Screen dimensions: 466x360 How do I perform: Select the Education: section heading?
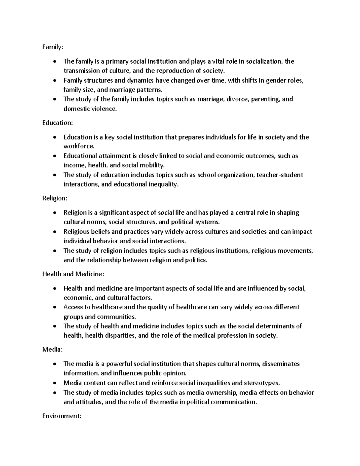pos(57,123)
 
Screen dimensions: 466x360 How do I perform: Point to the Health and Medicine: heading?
pos(73,274)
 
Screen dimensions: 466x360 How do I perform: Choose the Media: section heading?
pos(52,350)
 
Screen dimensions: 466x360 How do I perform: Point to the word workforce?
pos(79,146)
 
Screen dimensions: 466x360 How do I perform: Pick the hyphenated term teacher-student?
pos(280,175)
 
